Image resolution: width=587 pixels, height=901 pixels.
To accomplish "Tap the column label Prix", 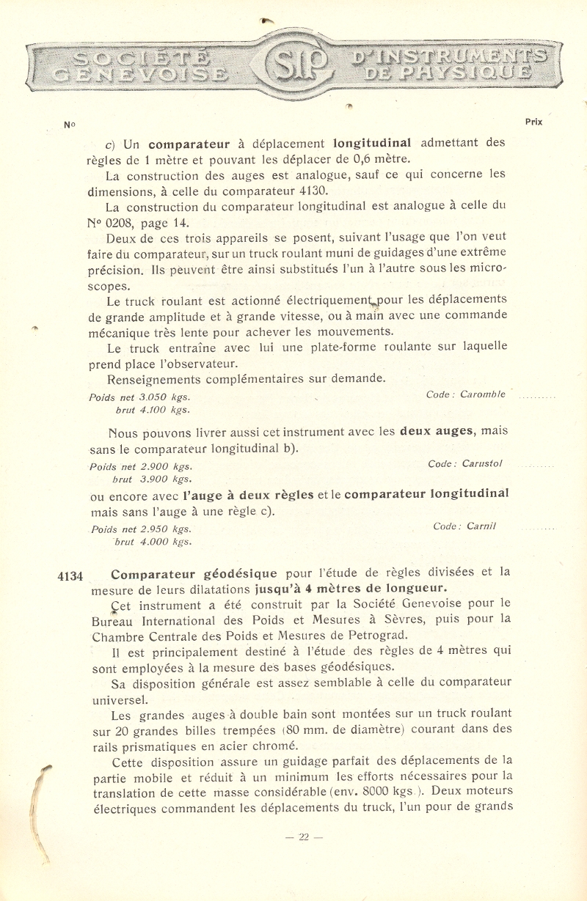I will (x=533, y=122).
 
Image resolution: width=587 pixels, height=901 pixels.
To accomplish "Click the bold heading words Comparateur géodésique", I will (x=194, y=573).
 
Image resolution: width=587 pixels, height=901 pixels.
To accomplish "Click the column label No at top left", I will (x=70, y=124).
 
